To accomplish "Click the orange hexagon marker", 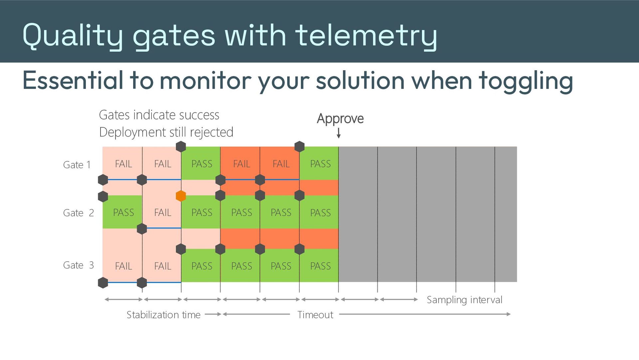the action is coord(181,196).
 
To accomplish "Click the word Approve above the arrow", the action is coord(340,119).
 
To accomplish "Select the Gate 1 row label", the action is coord(77,165).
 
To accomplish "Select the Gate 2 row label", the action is coord(79,213).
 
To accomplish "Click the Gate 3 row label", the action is coord(79,265).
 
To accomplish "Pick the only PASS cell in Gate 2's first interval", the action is coord(122,212).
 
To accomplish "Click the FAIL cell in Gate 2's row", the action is coord(162,212).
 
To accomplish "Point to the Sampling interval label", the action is coord(465,300).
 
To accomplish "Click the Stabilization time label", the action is coord(163,315).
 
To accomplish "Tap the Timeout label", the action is coord(315,315).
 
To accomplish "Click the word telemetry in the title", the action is coord(366,36).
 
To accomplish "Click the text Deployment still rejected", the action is coord(166,132).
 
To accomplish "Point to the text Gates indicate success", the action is coord(159,115).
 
